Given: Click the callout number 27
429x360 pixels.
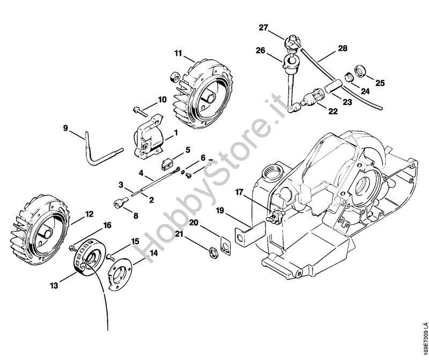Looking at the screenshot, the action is [x=264, y=28].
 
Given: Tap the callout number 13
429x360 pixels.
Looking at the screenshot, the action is [x=54, y=286].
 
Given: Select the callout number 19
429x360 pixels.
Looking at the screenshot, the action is [x=220, y=211].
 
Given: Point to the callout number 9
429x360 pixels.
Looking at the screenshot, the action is [x=65, y=128].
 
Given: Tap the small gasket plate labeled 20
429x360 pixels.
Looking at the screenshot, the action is [x=225, y=245].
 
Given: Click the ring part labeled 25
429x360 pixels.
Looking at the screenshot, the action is [x=360, y=71].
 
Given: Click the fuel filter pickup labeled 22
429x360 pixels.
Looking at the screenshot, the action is [x=313, y=99].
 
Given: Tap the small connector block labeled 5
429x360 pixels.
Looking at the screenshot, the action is [x=166, y=164].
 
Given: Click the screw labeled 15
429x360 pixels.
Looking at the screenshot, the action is [x=110, y=257].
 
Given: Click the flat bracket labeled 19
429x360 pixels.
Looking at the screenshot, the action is [x=250, y=234].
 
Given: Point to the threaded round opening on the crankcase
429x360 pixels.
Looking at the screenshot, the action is [x=272, y=172].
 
